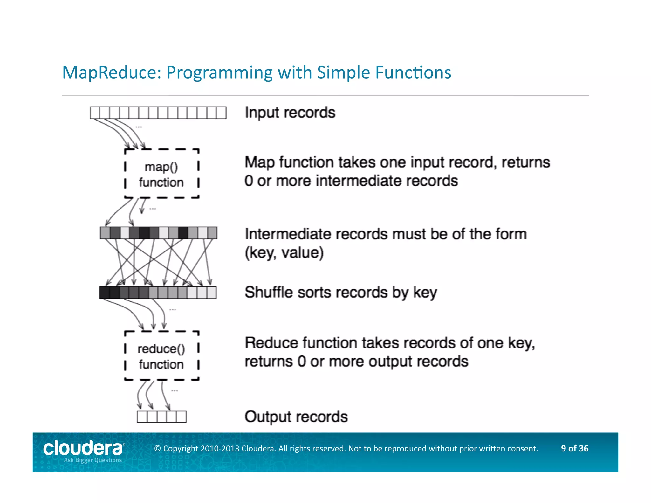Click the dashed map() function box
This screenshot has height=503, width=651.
[161, 174]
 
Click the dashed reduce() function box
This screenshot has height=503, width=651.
[161, 356]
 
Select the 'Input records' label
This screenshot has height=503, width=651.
[290, 113]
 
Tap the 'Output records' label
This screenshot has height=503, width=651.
[296, 417]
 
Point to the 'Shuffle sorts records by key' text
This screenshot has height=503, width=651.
[341, 292]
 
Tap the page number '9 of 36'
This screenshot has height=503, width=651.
[574, 448]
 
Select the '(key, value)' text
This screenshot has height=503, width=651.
[284, 253]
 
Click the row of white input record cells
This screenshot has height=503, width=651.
[158, 113]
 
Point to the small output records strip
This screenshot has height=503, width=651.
[161, 417]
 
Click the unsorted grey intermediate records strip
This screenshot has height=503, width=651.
[158, 233]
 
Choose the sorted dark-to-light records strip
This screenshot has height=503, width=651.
[158, 293]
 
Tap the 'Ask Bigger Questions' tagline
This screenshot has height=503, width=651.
[93, 460]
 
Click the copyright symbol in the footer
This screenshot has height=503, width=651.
[157, 449]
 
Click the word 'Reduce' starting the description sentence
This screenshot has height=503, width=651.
[271, 343]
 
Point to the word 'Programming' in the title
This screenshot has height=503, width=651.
[219, 72]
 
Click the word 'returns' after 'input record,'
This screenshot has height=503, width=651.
[525, 162]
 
